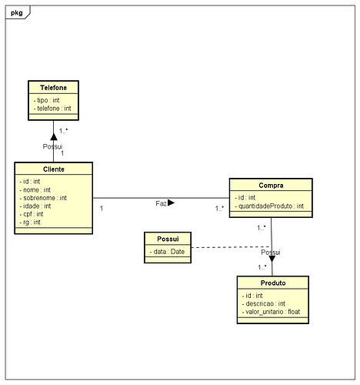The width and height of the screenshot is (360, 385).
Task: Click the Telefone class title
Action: (53, 88)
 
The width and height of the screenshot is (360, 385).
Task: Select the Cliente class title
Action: (54, 169)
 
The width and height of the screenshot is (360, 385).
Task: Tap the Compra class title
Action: (271, 186)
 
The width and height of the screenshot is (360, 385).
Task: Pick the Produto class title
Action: (273, 283)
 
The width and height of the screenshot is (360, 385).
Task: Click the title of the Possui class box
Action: (168, 239)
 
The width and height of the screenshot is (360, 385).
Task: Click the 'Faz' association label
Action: (161, 203)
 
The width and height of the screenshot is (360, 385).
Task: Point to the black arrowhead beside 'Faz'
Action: (171, 203)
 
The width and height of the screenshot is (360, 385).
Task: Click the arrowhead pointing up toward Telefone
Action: (54, 137)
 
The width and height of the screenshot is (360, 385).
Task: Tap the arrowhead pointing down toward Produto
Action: (272, 259)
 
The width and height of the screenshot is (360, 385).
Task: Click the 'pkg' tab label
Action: (17, 12)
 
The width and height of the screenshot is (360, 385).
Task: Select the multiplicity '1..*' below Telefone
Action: (63, 131)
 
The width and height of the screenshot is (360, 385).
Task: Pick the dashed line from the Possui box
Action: (231, 247)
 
